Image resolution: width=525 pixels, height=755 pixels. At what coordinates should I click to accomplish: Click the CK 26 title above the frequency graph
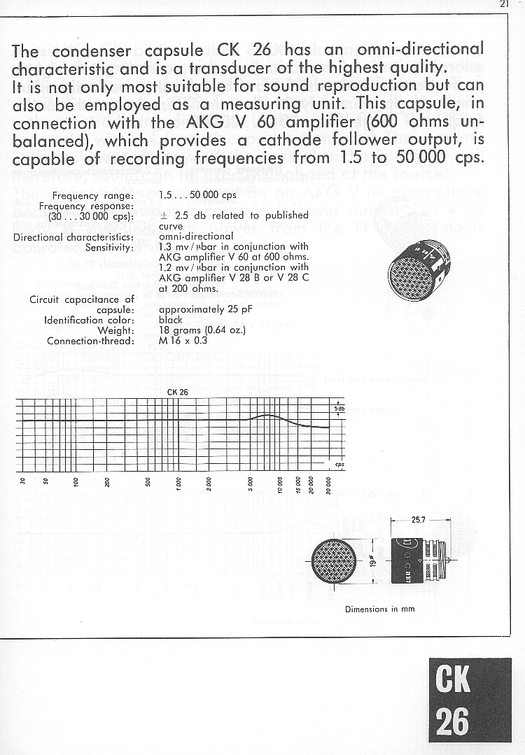178,392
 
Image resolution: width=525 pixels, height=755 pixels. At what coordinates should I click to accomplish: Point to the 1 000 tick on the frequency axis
178,484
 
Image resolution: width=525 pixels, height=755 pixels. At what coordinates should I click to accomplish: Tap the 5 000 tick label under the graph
250,484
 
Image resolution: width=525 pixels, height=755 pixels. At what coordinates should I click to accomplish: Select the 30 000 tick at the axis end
328,484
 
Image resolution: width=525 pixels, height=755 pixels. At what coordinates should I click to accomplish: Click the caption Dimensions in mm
379,609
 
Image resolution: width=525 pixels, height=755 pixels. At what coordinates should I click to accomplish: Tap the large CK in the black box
453,678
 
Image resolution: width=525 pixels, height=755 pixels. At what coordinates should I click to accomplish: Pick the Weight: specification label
115,331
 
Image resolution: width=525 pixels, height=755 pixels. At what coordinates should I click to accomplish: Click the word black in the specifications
171,320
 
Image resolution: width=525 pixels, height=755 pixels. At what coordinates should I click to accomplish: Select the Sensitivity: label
109,247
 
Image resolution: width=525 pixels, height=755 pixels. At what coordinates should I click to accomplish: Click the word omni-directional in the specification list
196,237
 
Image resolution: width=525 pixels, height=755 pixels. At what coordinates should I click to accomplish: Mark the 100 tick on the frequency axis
76,484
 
